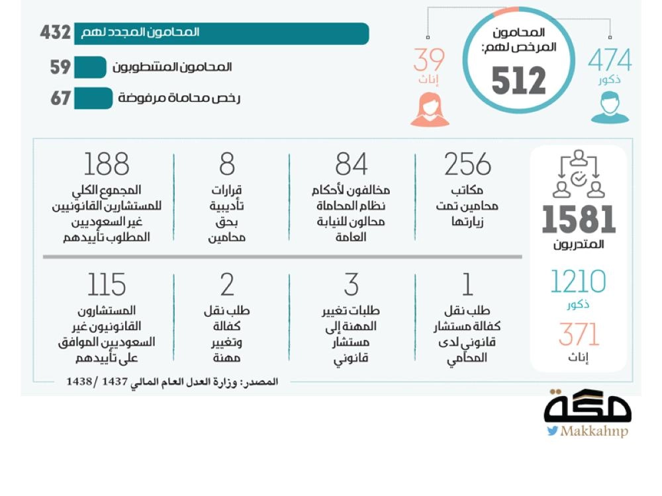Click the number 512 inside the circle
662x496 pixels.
click(518, 81)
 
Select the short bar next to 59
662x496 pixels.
click(90, 67)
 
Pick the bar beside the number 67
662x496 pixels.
click(93, 99)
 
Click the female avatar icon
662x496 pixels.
click(430, 109)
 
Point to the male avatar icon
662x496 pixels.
click(610, 108)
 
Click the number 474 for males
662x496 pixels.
click(610, 62)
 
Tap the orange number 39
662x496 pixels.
click(429, 61)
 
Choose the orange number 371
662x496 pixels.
click(579, 335)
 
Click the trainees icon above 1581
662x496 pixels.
click(579, 175)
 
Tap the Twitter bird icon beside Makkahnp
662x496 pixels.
click(552, 431)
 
